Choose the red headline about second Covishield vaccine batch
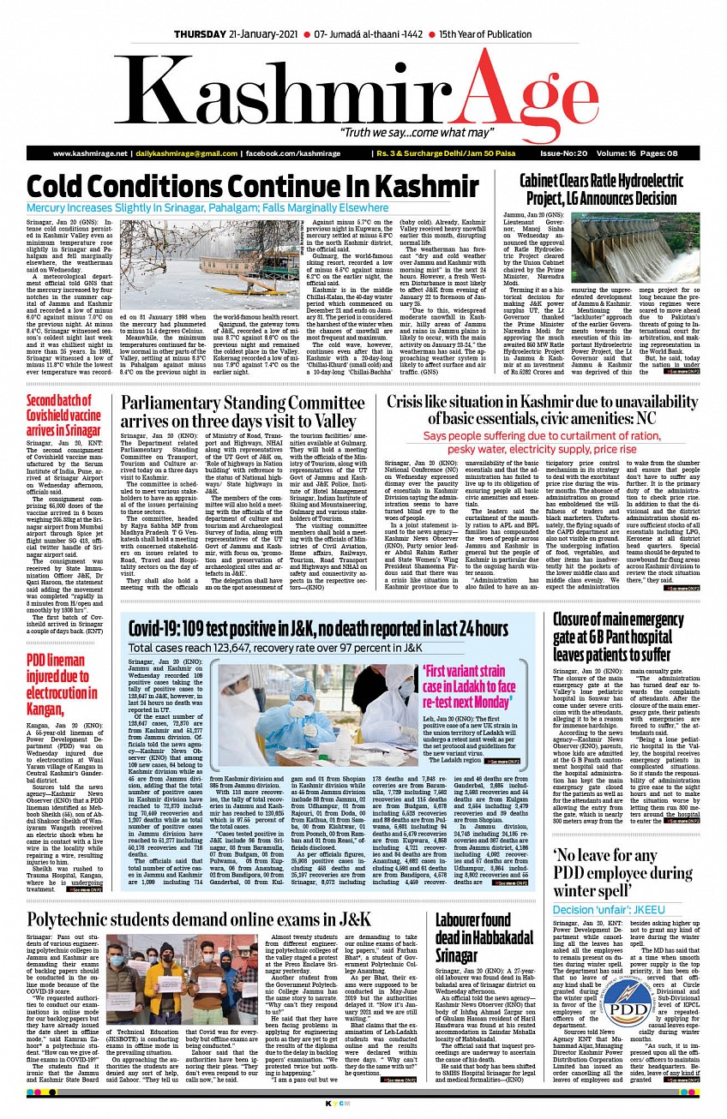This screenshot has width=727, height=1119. pyautogui.click(x=64, y=415)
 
